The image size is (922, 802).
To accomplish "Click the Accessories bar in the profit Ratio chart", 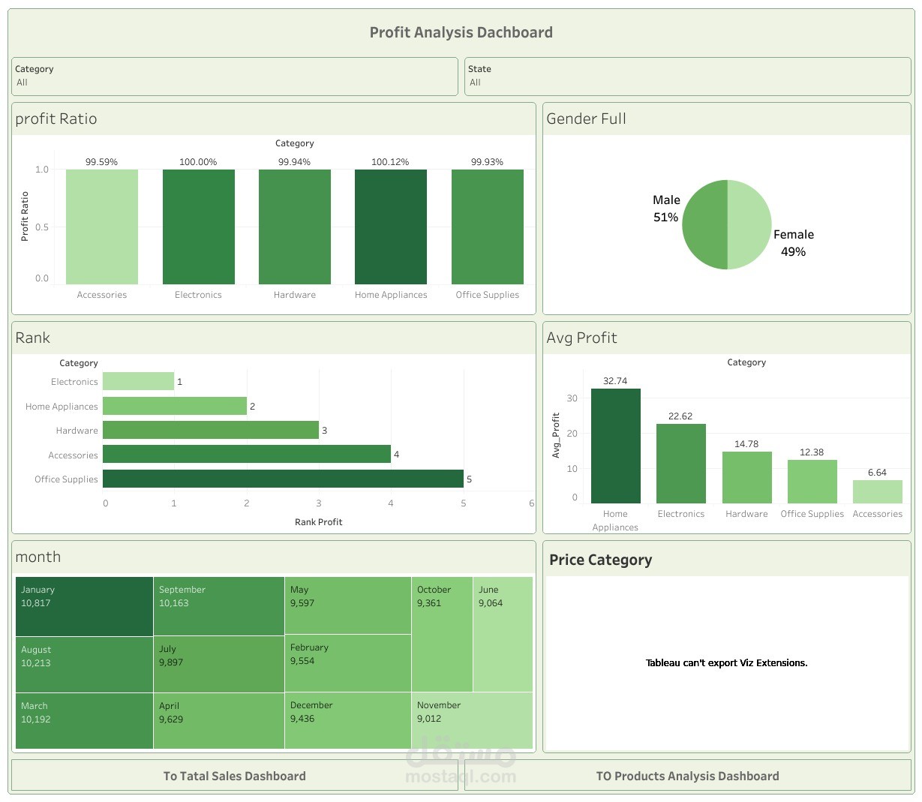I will point(102,227).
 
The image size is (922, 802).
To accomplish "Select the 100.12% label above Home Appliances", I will point(390,162).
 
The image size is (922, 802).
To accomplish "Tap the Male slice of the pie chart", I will point(704,224).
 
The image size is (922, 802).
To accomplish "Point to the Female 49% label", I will point(793,243).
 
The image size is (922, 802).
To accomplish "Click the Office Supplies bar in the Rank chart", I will point(283,479).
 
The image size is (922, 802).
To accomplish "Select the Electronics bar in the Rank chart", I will point(138,381).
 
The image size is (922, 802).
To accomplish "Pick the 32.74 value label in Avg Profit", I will point(615,381).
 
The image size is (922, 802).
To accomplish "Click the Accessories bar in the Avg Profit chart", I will point(877,491).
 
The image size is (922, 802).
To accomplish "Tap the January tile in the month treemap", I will point(84,606).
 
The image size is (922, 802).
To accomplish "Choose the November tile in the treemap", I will point(473,720).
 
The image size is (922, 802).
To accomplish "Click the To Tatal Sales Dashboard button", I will point(235,776).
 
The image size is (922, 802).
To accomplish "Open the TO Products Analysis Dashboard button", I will point(687,776).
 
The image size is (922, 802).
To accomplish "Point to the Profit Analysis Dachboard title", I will point(461,32).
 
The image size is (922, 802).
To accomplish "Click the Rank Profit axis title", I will point(318,522).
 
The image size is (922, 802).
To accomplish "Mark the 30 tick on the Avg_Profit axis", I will point(572,398).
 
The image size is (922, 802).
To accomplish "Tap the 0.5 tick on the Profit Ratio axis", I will point(42,227).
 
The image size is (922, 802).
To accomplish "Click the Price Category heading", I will point(600,560).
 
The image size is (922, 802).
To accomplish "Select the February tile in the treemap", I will point(347,663).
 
